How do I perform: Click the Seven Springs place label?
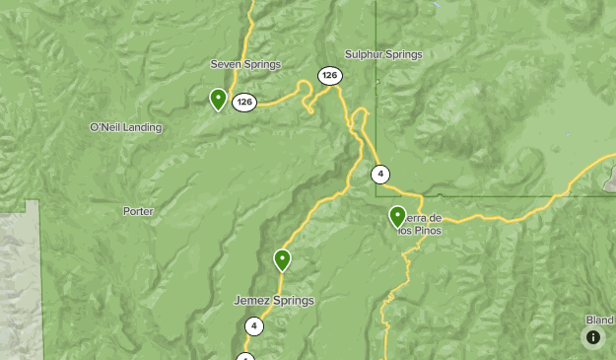[245, 64]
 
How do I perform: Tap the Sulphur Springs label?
[383, 54]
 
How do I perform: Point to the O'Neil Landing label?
[125, 127]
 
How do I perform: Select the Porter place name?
[138, 211]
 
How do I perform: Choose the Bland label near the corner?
[599, 320]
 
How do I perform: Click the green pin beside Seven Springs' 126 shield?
[218, 99]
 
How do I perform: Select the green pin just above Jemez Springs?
[283, 260]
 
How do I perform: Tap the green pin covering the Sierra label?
[397, 216]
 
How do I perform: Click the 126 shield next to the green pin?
[244, 102]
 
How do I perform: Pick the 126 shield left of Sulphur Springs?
[329, 76]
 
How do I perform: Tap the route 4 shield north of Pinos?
[380, 175]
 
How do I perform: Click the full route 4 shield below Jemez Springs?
[254, 326]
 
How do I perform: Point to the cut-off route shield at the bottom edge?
[245, 356]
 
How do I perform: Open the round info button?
[593, 337]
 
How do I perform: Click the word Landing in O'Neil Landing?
[142, 127]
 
